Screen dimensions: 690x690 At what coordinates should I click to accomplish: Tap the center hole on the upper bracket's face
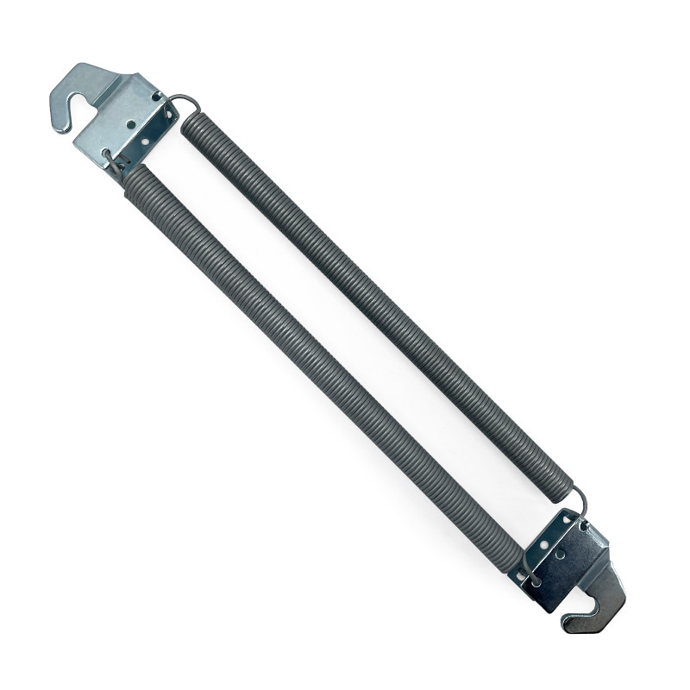(x=129, y=123)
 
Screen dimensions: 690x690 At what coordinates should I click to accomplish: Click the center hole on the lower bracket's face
(x=560, y=555)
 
